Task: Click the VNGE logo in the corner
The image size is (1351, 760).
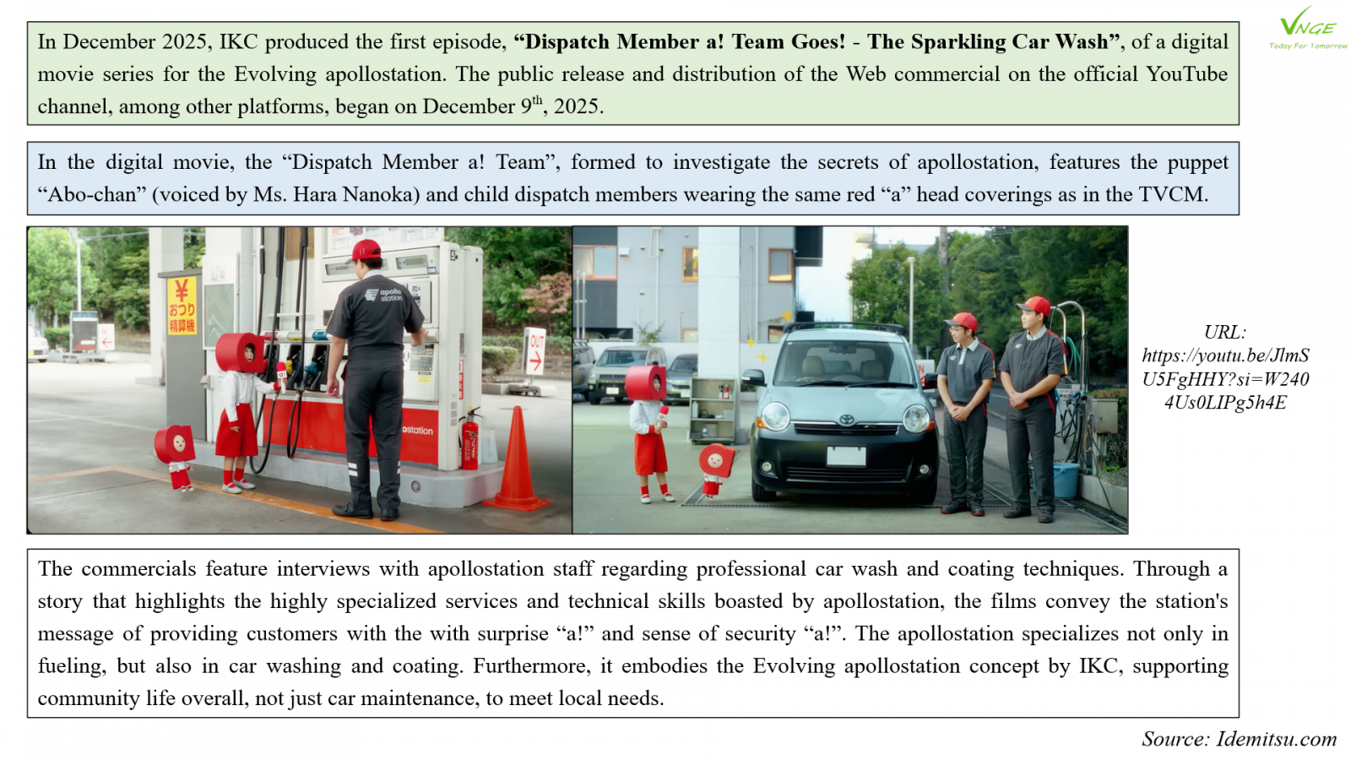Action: [1308, 28]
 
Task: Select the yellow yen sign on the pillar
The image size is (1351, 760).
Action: [181, 291]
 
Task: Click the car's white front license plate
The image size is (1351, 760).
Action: [845, 457]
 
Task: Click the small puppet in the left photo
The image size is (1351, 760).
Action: [176, 452]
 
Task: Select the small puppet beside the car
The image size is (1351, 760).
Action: [715, 467]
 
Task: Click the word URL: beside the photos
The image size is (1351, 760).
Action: [1224, 332]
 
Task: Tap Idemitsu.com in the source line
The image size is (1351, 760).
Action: [1276, 739]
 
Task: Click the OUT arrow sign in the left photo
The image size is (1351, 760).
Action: [535, 351]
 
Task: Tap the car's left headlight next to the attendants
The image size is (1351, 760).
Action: [915, 417]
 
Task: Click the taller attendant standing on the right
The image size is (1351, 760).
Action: [1031, 405]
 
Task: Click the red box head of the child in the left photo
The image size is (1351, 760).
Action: [240, 352]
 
